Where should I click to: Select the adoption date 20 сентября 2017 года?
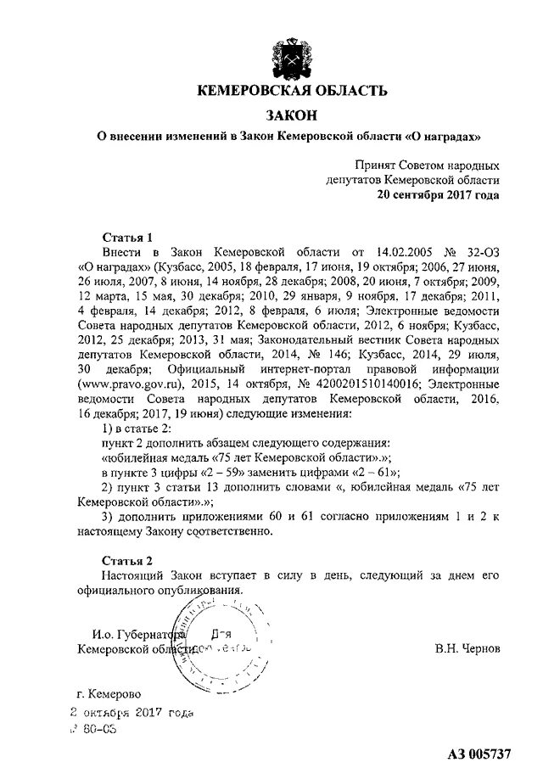pos(439,194)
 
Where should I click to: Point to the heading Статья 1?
pos(127,238)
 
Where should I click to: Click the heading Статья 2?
pos(127,561)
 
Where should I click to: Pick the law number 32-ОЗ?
pos(480,252)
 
